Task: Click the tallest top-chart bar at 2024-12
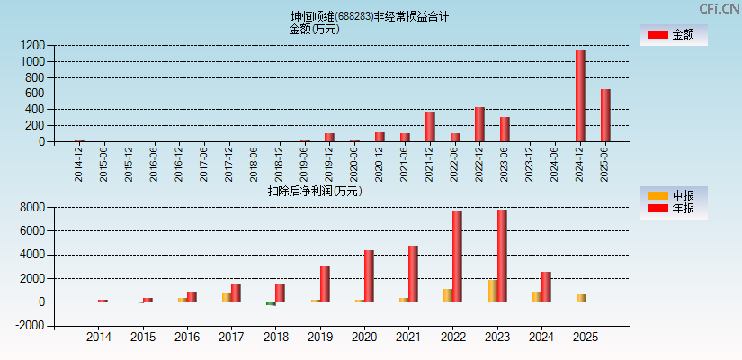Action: pos(580,96)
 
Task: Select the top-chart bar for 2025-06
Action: pos(605,115)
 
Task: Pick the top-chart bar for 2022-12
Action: pos(479,124)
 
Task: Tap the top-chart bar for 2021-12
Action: pos(430,127)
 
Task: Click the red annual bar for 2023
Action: pos(502,256)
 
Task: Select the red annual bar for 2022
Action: pos(457,256)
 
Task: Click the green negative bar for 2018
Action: pos(271,303)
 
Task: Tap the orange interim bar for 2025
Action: pos(581,298)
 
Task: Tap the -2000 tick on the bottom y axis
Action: pos(31,326)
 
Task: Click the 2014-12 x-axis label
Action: pos(79,163)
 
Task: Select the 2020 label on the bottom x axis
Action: pos(364,337)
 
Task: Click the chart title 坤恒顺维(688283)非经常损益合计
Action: pos(370,16)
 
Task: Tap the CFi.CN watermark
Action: pos(719,9)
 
